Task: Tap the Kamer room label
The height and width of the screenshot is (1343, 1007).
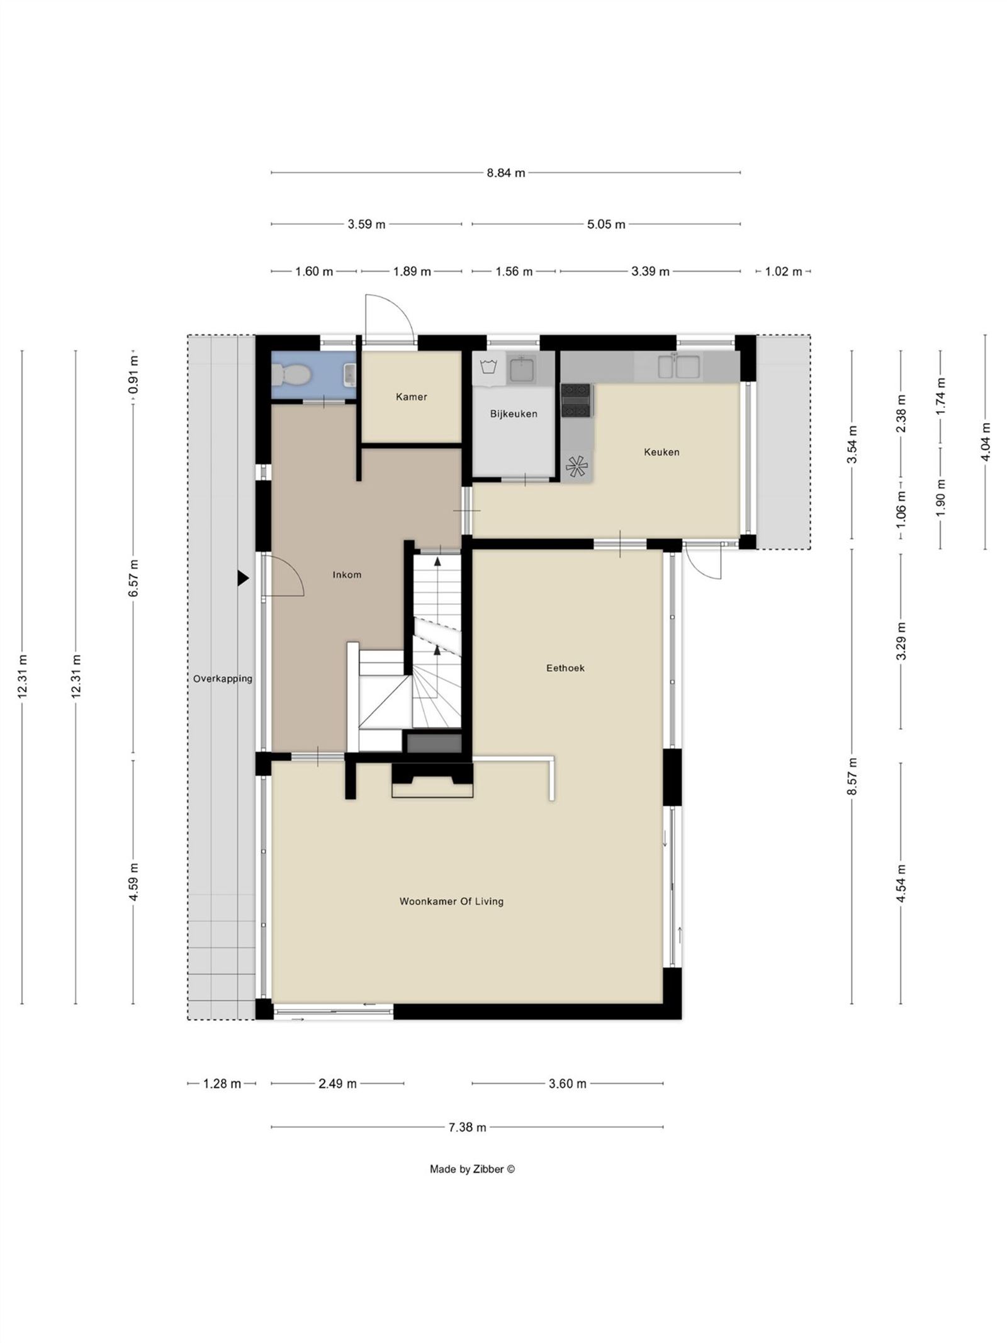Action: [x=412, y=397]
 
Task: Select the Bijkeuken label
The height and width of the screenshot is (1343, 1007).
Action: [x=514, y=414]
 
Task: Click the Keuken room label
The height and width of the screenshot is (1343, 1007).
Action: [x=661, y=451]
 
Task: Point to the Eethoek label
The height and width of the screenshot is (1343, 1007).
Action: [x=565, y=668]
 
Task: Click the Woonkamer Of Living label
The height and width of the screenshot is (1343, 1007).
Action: [x=451, y=901]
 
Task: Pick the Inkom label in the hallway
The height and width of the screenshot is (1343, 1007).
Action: [x=347, y=574]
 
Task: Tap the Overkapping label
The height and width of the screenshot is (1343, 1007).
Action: [x=223, y=679]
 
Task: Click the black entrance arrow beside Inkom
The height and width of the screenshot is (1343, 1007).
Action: [x=243, y=578]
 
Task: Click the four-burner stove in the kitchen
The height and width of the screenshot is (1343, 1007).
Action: [x=577, y=401]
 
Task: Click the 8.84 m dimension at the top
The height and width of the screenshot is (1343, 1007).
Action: [x=505, y=173]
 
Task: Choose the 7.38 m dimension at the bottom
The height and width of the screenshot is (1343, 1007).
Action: [x=467, y=1127]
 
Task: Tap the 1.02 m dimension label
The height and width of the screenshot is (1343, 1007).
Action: [x=783, y=271]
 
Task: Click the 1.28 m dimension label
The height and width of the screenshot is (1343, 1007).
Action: [x=222, y=1084]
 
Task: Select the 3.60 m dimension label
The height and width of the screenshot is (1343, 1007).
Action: [x=567, y=1084]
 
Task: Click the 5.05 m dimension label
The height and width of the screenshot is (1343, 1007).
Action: [x=606, y=224]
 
